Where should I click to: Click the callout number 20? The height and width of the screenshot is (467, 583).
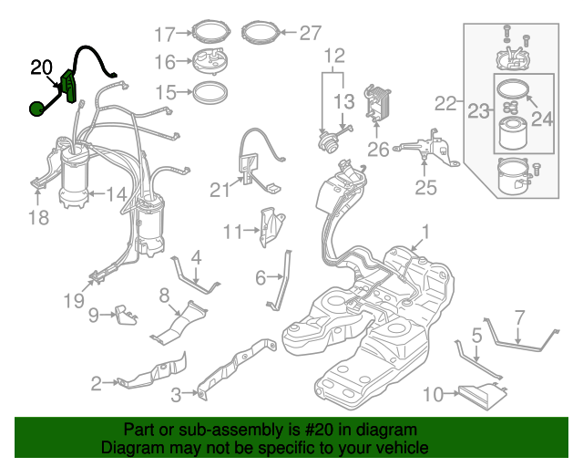click(42, 67)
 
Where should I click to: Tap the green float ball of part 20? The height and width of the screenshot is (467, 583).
click(36, 109)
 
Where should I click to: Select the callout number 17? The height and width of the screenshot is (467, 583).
click(164, 35)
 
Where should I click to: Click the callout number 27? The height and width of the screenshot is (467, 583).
click(310, 34)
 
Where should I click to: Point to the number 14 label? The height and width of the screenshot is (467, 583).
click(116, 193)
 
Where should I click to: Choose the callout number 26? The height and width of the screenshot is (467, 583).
click(378, 149)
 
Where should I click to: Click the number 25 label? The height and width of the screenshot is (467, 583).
click(426, 188)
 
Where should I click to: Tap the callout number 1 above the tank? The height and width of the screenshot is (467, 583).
click(424, 232)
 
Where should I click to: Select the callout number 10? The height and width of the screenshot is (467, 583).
click(434, 394)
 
